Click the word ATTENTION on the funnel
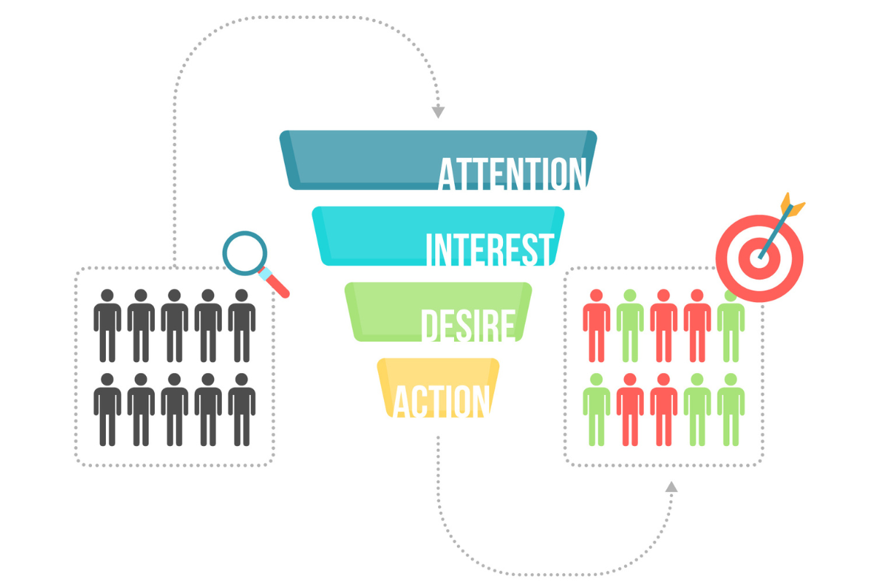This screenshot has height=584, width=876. pyautogui.click(x=512, y=174)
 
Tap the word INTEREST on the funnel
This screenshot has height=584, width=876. pyautogui.click(x=490, y=250)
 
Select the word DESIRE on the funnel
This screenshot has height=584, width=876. pyautogui.click(x=468, y=325)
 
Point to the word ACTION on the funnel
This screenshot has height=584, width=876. pyautogui.click(x=441, y=401)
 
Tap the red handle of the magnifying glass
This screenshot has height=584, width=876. pyautogui.click(x=279, y=288)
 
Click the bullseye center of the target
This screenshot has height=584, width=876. pyautogui.click(x=759, y=258)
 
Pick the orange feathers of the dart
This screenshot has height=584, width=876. pyautogui.click(x=792, y=202)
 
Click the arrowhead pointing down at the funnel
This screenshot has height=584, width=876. pyautogui.click(x=438, y=112)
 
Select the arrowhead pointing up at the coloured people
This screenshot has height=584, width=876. pyautogui.click(x=672, y=486)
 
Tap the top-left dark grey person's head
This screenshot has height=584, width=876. pyautogui.click(x=107, y=296)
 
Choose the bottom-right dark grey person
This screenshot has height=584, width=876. pyautogui.click(x=242, y=410)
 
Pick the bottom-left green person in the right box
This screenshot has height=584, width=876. pyautogui.click(x=596, y=410)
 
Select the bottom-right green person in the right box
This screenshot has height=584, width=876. pyautogui.click(x=731, y=410)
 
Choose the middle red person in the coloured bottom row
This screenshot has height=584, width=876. pyautogui.click(x=664, y=410)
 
